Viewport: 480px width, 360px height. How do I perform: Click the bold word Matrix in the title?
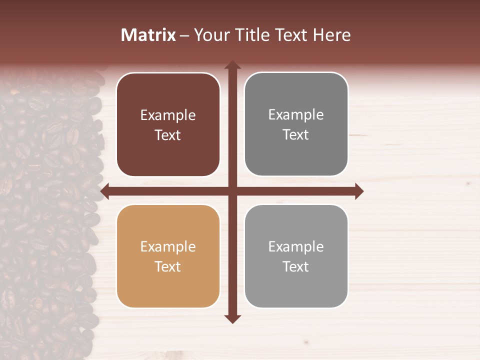click(x=148, y=35)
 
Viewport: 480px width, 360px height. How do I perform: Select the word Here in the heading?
click(x=331, y=35)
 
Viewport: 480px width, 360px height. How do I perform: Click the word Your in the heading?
click(x=212, y=35)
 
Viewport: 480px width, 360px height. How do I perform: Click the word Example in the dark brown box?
click(x=168, y=115)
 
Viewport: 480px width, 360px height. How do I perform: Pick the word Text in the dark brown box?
click(x=168, y=135)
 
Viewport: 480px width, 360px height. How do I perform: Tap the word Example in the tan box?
click(x=168, y=247)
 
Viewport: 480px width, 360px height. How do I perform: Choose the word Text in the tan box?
click(x=168, y=267)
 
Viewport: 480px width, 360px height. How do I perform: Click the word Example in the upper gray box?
click(x=296, y=115)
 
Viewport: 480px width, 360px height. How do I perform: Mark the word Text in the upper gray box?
click(x=296, y=135)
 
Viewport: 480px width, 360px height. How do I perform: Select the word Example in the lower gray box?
click(x=296, y=247)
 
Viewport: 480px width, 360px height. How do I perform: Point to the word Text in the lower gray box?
click(x=296, y=267)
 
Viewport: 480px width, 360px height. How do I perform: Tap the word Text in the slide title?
click(x=291, y=35)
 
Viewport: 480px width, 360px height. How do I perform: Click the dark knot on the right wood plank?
click(x=468, y=184)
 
